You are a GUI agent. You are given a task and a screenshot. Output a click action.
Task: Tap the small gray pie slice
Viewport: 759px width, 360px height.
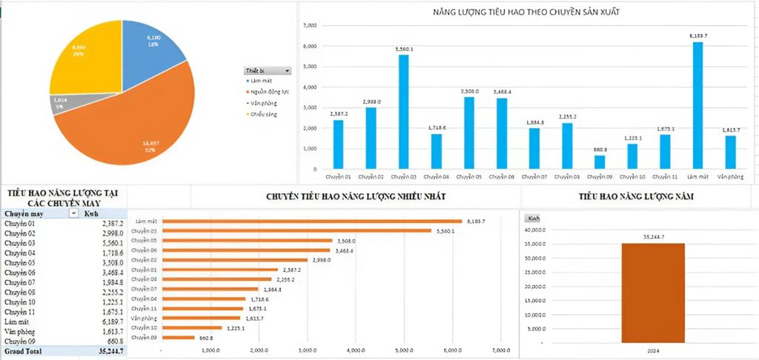coord(62,104)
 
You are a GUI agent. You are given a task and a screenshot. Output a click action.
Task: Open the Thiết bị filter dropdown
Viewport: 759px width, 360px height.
coord(287,70)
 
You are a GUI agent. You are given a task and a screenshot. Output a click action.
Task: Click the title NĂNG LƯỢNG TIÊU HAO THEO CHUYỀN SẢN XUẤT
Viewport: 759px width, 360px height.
coord(526,13)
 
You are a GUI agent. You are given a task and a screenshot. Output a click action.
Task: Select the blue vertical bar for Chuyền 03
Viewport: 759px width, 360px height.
coord(403,111)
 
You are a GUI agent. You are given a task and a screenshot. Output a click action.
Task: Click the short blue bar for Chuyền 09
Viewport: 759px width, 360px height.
coord(600,161)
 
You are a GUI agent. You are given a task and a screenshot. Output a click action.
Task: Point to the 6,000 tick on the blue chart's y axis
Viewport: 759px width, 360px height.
coord(311,46)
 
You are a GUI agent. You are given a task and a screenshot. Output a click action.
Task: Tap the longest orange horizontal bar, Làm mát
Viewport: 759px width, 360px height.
coord(311,221)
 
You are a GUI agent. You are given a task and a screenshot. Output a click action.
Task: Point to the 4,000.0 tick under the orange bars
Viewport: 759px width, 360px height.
coord(356,350)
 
